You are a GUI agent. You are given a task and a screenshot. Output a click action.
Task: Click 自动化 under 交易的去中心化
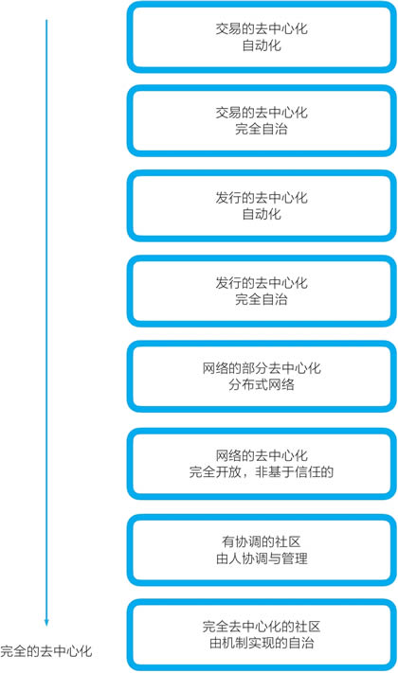click(x=262, y=45)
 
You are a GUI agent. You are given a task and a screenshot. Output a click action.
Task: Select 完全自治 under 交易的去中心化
click(x=262, y=129)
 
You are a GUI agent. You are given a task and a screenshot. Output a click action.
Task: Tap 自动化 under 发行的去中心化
click(x=262, y=214)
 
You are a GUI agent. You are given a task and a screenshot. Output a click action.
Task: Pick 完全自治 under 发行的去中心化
click(x=262, y=299)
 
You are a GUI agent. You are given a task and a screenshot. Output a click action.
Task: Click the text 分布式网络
click(x=262, y=384)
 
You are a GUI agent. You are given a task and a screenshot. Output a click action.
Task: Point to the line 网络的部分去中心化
click(x=262, y=368)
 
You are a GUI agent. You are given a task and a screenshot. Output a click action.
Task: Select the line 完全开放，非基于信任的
click(x=262, y=471)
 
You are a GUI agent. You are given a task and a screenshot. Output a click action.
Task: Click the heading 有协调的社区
click(x=262, y=541)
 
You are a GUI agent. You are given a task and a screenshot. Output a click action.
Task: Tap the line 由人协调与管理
click(x=262, y=558)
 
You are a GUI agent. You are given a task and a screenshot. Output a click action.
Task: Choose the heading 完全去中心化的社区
click(x=262, y=627)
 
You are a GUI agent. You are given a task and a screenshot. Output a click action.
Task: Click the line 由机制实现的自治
click(x=262, y=643)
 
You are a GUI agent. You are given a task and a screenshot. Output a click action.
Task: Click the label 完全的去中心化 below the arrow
click(x=46, y=651)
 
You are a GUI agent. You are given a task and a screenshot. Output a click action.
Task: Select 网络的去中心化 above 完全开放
click(x=262, y=455)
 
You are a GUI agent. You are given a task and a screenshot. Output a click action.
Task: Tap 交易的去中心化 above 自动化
click(x=262, y=28)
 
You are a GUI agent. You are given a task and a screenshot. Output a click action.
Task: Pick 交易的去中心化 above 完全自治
click(x=262, y=113)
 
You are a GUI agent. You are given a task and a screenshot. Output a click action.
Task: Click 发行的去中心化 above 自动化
click(x=262, y=198)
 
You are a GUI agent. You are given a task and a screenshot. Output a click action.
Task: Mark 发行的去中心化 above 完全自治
click(x=262, y=283)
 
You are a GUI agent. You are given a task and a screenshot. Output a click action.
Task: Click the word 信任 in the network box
click(x=308, y=471)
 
